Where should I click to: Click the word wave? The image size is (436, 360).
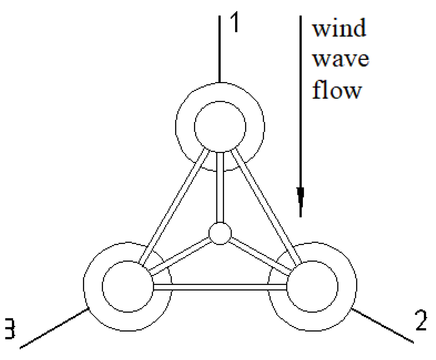click(341, 59)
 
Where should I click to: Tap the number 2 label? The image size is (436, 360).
click(421, 321)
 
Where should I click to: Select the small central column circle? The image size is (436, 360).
click(220, 234)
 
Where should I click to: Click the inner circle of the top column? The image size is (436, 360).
click(220, 127)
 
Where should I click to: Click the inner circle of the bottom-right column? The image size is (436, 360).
click(312, 286)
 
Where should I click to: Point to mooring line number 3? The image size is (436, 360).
click(54, 329)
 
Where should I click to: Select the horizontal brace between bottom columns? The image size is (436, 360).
click(220, 287)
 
